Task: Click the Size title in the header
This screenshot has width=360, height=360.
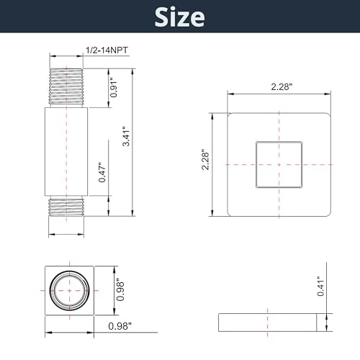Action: click(x=180, y=17)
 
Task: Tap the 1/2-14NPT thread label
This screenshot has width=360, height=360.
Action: click(x=107, y=50)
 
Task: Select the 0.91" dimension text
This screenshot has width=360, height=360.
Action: click(x=114, y=88)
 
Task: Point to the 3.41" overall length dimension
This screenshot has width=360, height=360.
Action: click(x=126, y=136)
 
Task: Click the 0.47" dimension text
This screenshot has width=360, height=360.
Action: click(x=102, y=172)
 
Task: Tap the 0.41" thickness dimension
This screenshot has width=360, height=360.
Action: click(x=320, y=286)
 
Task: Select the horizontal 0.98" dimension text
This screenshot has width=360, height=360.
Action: click(x=120, y=326)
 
